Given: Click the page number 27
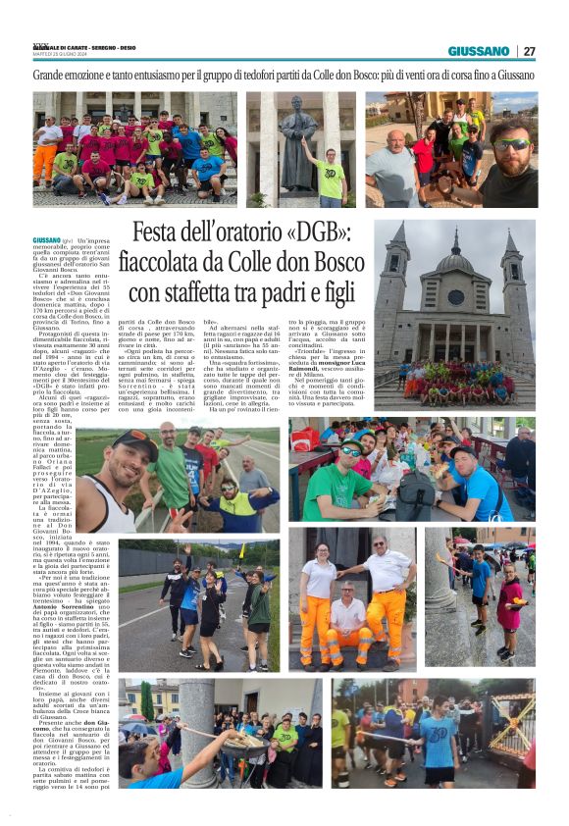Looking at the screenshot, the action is tap(529, 51).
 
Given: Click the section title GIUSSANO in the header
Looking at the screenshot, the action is tap(479, 51).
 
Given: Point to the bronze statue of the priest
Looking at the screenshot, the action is tap(297, 146).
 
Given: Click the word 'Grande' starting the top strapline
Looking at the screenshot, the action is tap(48, 75).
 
